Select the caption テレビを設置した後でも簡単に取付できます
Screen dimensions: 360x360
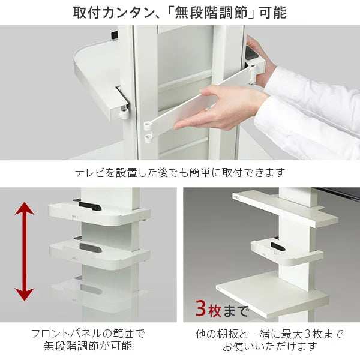pyautogui.click(x=179, y=173)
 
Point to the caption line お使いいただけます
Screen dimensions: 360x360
pyautogui.click(x=269, y=347)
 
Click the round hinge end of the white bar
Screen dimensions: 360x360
pyautogui.click(x=148, y=127)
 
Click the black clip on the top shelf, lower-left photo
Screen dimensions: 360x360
pyautogui.click(x=88, y=206)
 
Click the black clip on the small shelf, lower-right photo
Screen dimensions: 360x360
pyautogui.click(x=278, y=246)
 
